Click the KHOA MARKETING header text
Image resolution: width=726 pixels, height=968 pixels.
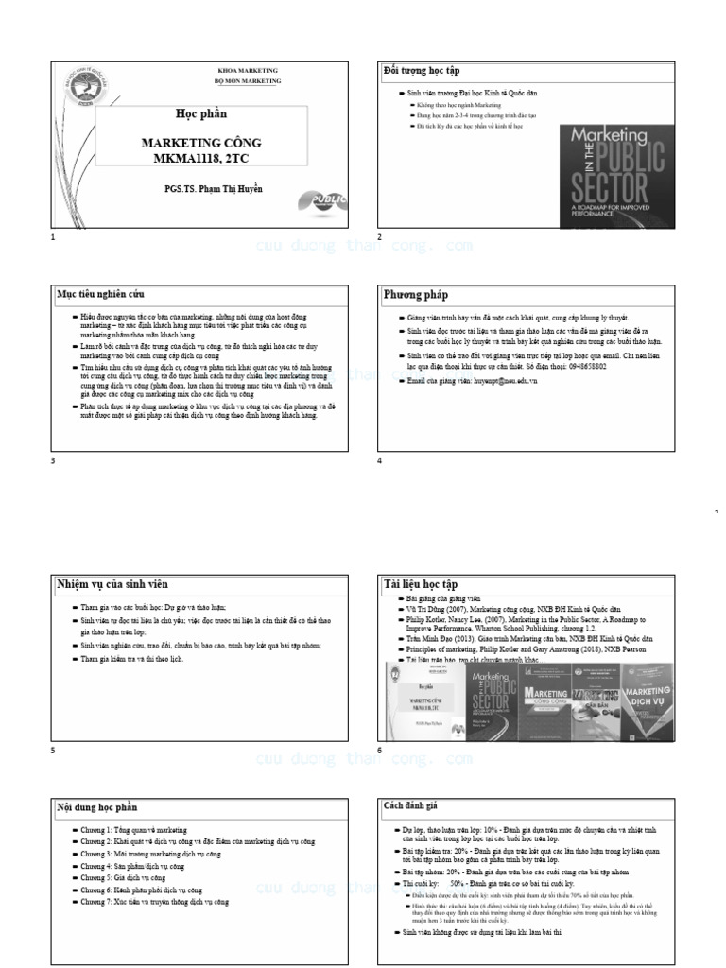[249, 71]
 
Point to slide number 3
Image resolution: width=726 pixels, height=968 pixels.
[53, 460]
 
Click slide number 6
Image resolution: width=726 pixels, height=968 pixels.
[380, 750]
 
